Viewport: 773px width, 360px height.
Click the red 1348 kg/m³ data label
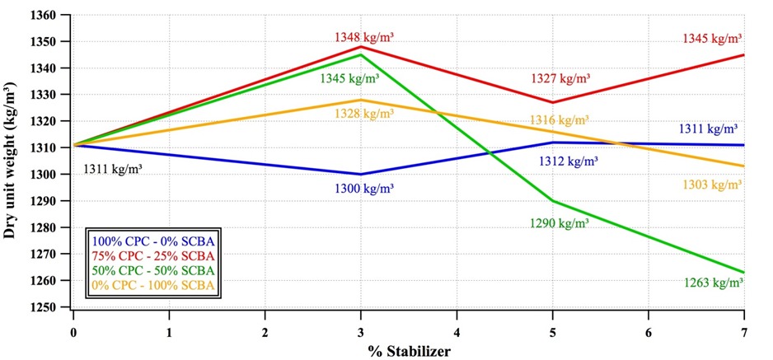pyautogui.click(x=363, y=37)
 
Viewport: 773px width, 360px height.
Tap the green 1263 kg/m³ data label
pyautogui.click(x=714, y=283)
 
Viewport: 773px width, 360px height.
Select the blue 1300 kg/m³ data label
pyautogui.click(x=363, y=189)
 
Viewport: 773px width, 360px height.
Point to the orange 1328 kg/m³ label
pyautogui.click(x=364, y=113)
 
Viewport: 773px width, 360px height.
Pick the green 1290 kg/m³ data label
pyautogui.click(x=559, y=223)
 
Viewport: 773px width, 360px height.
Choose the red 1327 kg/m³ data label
pyautogui.click(x=560, y=79)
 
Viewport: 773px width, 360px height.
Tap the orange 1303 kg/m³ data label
pyautogui.click(x=713, y=185)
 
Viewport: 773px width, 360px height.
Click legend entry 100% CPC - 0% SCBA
pyautogui.click(x=154, y=241)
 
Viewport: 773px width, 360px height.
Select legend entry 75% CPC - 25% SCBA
pyautogui.click(x=154, y=256)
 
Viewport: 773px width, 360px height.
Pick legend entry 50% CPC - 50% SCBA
pyautogui.click(x=154, y=271)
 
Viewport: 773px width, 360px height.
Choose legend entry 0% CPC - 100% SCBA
pyautogui.click(x=154, y=286)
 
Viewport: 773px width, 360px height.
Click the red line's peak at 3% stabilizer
pyautogui.click(x=361, y=47)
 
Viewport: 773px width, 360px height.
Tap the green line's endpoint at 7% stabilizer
pyautogui.click(x=743, y=273)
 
